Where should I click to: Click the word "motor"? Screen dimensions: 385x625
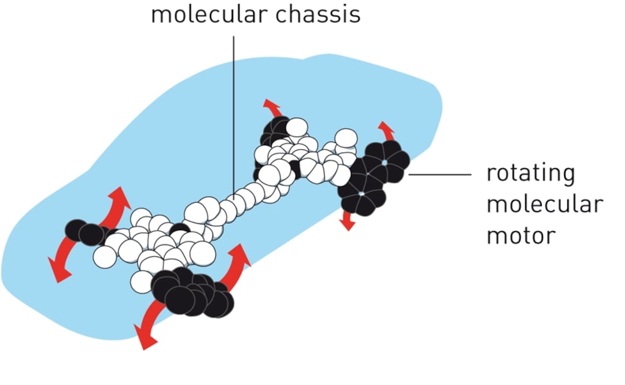(x=520, y=235)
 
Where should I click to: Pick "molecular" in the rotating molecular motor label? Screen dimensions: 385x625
(x=544, y=204)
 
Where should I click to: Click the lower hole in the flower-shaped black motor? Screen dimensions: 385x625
(x=361, y=194)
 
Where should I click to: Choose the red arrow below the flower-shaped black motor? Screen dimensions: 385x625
(x=346, y=221)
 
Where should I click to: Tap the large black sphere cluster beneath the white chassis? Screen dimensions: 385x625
(x=194, y=292)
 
